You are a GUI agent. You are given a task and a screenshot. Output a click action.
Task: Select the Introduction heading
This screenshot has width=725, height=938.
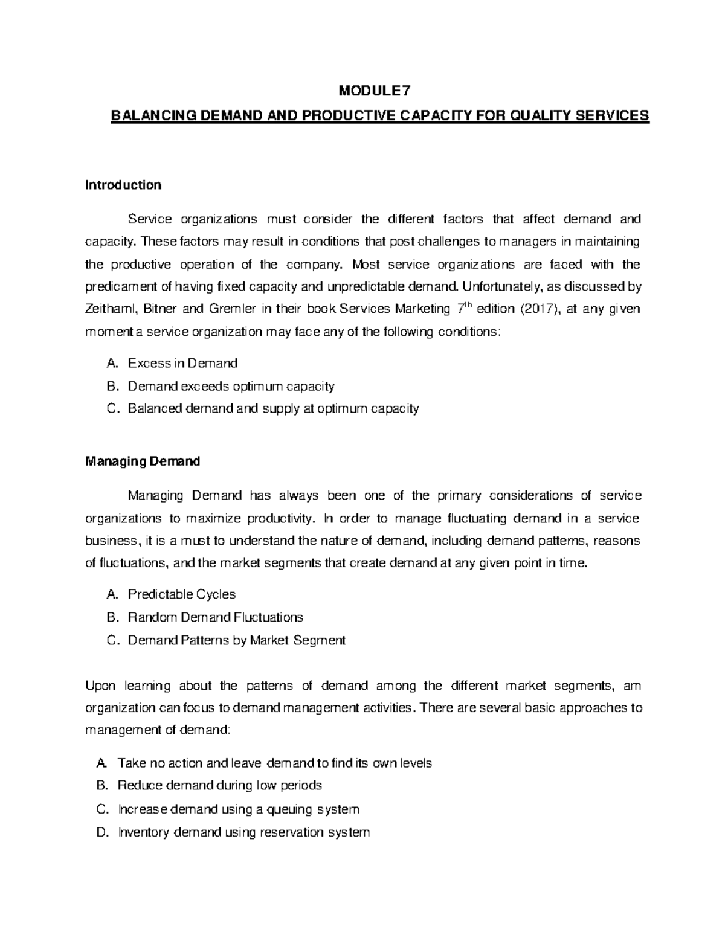123,185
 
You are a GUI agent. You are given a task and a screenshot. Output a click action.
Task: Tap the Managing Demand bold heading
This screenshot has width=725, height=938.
143,462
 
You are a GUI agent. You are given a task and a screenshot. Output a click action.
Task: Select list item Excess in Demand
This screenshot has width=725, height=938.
182,363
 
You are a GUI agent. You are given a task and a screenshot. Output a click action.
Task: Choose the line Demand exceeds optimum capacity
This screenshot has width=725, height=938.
231,386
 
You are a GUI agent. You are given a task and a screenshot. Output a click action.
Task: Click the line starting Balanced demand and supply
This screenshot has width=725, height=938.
273,409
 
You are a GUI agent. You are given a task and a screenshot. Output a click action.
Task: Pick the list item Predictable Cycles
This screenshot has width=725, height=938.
181,594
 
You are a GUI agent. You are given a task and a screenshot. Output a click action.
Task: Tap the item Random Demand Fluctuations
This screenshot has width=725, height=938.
215,617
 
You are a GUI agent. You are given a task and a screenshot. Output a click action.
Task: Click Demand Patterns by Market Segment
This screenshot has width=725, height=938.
236,640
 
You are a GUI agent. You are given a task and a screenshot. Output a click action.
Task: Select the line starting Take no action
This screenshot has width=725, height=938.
274,763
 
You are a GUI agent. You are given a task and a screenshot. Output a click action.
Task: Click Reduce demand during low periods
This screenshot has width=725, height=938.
219,785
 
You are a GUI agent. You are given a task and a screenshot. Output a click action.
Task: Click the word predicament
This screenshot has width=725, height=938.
119,287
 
